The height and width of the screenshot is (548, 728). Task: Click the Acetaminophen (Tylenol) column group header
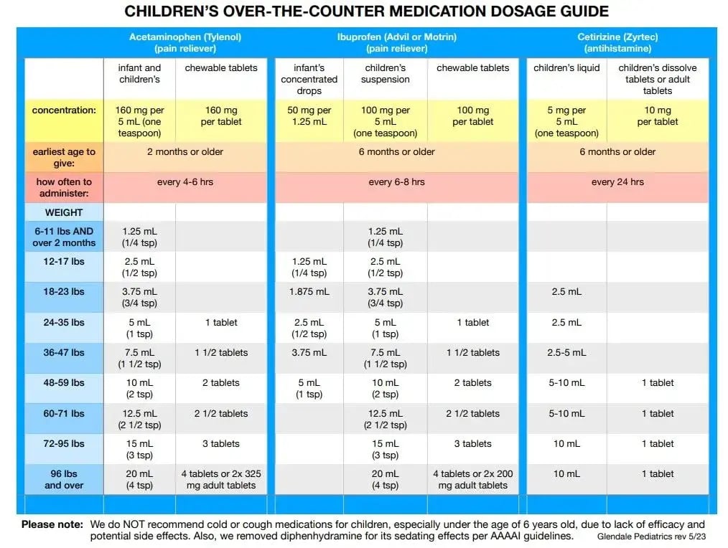185,43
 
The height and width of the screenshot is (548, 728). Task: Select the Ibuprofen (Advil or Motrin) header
396,43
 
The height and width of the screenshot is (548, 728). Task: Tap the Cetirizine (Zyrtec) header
617,43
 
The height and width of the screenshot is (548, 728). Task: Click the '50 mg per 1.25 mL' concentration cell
309,116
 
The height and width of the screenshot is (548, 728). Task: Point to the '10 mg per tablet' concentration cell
657,116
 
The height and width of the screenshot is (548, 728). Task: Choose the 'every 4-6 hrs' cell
185,182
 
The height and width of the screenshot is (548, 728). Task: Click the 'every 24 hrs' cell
617,182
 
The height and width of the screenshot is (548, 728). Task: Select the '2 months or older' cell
185,152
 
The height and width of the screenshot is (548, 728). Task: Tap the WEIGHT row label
64,213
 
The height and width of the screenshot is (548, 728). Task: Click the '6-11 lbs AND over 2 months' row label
64,237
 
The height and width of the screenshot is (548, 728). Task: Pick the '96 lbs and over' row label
64,480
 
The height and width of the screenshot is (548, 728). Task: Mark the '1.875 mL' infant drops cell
309,292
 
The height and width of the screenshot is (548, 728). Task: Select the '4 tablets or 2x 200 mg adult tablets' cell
473,480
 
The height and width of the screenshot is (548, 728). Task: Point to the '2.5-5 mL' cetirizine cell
566,353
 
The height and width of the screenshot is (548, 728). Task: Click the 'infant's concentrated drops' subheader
309,80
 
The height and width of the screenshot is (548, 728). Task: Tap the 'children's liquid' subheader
566,68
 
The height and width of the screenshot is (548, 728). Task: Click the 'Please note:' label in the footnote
52,525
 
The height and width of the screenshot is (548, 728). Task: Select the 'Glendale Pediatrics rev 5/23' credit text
651,537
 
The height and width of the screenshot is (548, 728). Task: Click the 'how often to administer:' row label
64,188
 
